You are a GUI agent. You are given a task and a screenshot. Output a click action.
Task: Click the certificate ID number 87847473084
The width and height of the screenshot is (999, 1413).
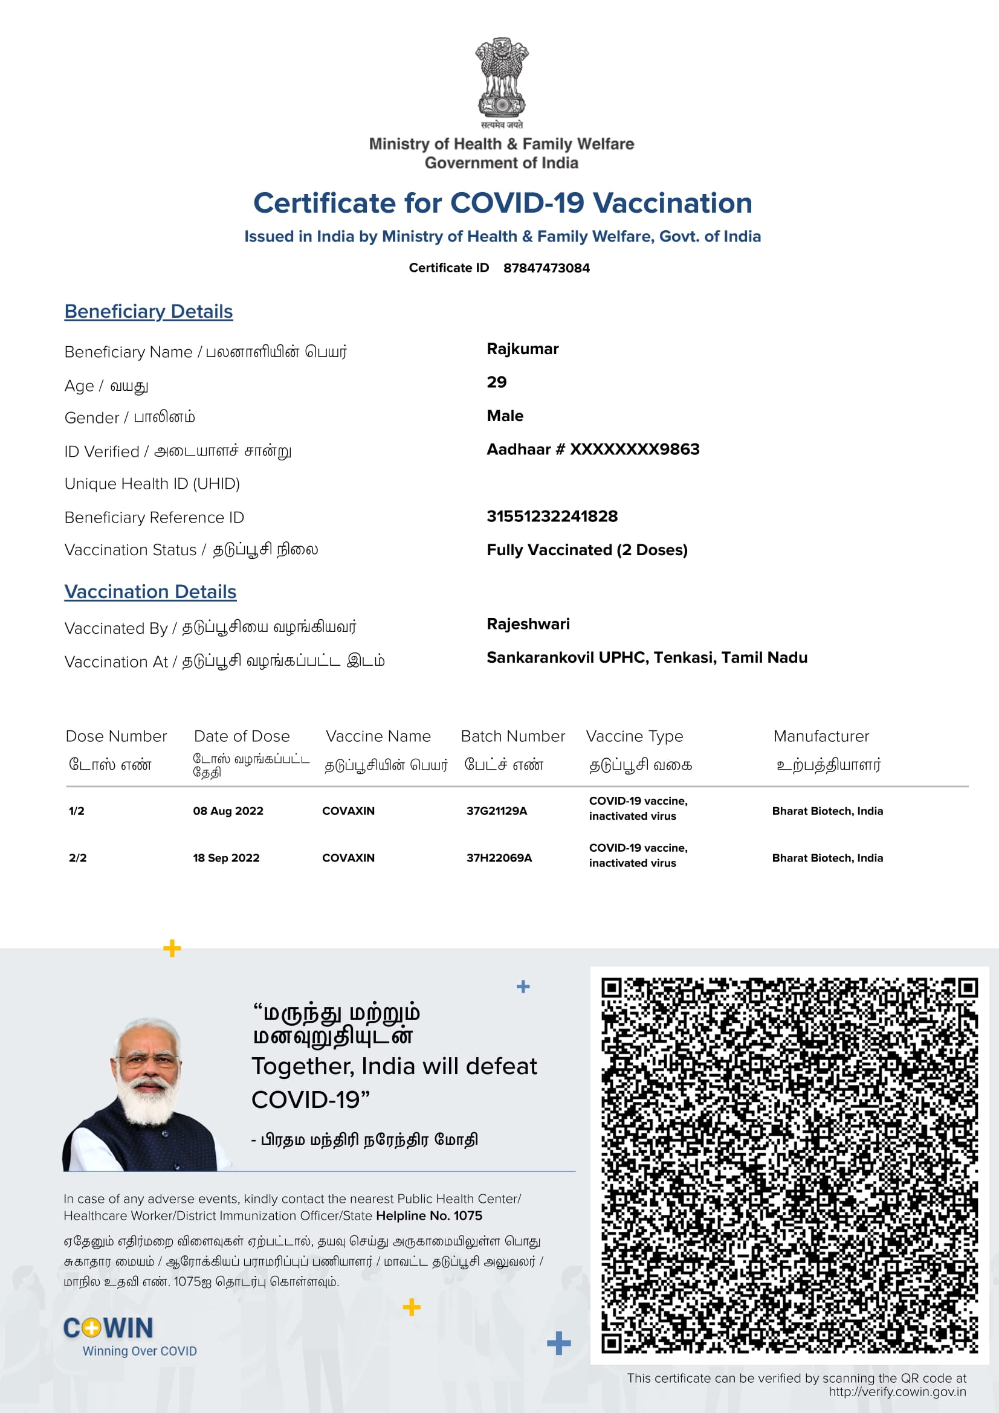tap(546, 268)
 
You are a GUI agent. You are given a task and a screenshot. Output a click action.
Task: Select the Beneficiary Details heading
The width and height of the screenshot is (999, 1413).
tap(148, 311)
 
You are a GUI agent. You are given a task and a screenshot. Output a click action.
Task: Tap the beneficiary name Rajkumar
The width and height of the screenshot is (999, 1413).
tap(523, 349)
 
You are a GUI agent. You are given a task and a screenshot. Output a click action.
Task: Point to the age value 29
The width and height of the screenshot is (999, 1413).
tap(497, 382)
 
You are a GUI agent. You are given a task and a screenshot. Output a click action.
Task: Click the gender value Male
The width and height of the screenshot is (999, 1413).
tap(505, 416)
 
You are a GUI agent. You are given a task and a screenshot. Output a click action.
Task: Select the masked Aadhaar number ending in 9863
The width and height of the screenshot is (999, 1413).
tap(593, 449)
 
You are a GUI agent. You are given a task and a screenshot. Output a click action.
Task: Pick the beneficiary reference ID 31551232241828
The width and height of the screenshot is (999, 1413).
tap(552, 517)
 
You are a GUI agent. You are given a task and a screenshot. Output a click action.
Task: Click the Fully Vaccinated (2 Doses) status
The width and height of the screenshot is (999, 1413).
tap(587, 550)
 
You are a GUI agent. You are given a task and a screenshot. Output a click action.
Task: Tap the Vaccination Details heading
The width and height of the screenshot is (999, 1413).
tap(150, 591)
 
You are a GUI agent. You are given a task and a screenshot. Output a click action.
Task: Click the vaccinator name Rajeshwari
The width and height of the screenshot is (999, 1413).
tap(528, 624)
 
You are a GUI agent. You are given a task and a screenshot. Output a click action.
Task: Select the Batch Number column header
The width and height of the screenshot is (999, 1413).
tap(512, 736)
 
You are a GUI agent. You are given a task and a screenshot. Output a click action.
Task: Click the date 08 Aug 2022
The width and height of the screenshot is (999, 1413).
tap(228, 811)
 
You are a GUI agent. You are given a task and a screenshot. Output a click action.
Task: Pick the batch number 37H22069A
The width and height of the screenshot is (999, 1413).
tap(499, 858)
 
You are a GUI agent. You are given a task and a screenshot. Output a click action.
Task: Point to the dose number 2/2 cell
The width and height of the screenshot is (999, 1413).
tap(77, 858)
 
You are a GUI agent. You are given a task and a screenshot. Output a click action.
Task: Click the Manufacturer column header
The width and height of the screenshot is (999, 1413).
tap(821, 736)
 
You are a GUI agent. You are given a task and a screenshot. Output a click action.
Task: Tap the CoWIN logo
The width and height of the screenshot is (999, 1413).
tap(109, 1328)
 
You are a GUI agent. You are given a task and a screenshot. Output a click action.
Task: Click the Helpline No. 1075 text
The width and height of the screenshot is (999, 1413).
tap(429, 1215)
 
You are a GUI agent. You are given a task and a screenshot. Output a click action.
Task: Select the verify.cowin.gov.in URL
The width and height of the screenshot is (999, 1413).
tap(897, 1391)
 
